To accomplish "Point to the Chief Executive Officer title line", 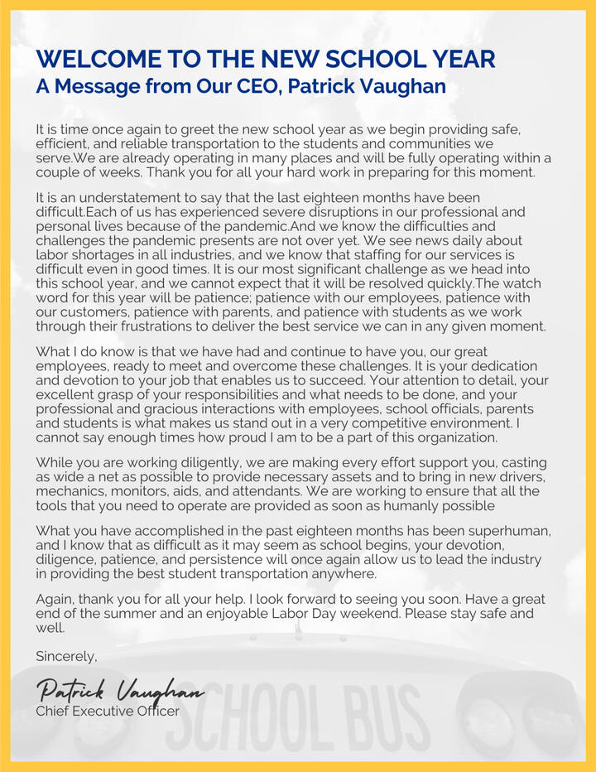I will (x=107, y=711).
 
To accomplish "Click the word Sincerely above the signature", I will (x=66, y=656).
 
